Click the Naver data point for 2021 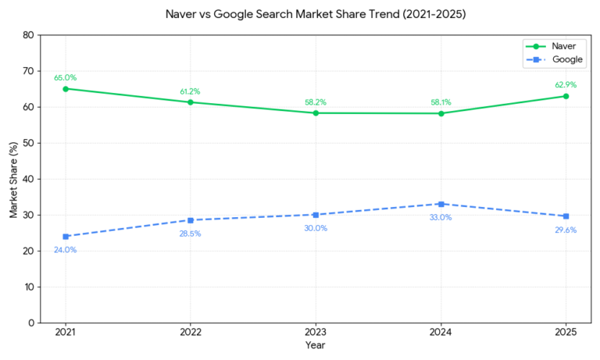[x=66, y=88]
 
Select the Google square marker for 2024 [x=441, y=204]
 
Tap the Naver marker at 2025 [x=566, y=96]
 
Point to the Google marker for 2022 [x=191, y=220]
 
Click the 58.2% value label [x=316, y=102]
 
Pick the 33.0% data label [x=441, y=217]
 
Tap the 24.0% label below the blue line [x=66, y=250]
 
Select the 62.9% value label [x=566, y=84]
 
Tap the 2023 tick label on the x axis [x=316, y=333]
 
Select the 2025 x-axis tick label [x=566, y=333]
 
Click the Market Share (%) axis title [x=13, y=179]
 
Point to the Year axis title [x=316, y=345]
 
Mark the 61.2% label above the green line [x=191, y=91]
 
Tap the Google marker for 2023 [x=316, y=215]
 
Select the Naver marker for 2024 [x=441, y=113]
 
